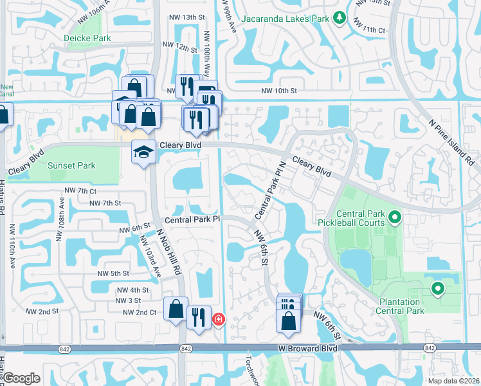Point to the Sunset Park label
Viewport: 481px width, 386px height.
point(72,165)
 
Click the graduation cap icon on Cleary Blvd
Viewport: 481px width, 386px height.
point(143,152)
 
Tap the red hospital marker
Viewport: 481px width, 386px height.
point(219,318)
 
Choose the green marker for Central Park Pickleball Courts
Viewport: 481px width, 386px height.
point(394,218)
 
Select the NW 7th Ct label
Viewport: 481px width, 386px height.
point(80,191)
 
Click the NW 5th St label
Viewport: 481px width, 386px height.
point(113,273)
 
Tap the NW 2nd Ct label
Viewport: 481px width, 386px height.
point(139,312)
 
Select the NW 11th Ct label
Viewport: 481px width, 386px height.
point(372,30)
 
